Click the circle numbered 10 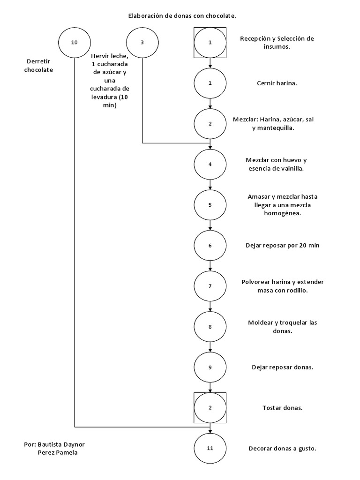75,42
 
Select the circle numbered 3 142,42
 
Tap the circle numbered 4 210,164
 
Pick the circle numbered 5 210,205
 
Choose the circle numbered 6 210,245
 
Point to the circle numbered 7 210,286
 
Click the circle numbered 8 210,327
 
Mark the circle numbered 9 210,367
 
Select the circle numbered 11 210,448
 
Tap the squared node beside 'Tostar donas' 210,408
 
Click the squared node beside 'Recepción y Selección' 210,42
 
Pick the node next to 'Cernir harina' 210,83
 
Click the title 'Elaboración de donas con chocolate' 182,16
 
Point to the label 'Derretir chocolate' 40,66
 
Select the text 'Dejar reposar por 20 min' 282,245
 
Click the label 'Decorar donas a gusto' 283,449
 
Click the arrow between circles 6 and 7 210,265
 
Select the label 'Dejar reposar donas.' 282,367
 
